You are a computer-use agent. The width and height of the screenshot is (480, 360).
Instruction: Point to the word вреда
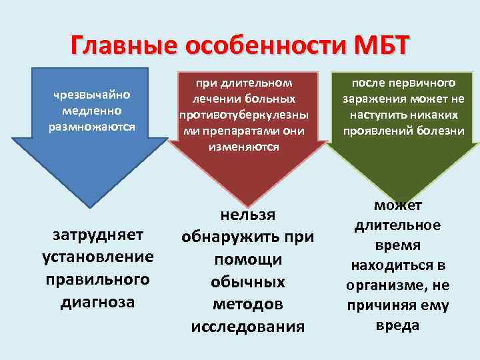point(397,325)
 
